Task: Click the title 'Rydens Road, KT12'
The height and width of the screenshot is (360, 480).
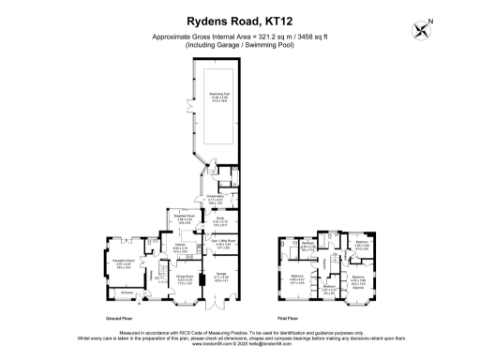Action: coord(239,20)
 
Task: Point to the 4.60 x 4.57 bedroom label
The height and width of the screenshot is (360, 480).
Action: coord(297,280)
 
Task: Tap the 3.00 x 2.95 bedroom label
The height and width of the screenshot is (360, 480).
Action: coord(362,247)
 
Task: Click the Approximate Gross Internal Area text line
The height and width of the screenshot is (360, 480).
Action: coord(239,37)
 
